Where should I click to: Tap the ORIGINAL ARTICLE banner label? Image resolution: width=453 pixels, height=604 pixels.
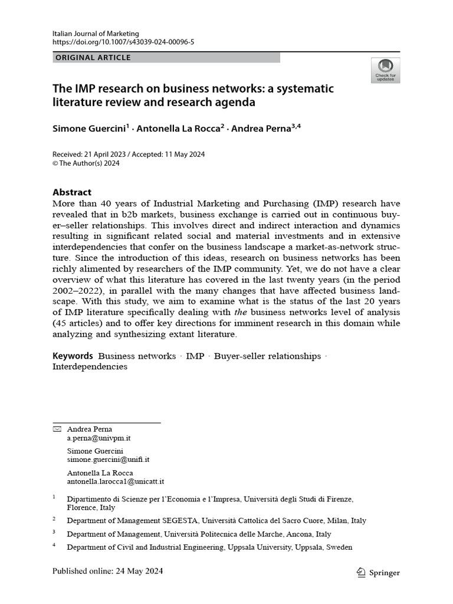[x=93, y=58]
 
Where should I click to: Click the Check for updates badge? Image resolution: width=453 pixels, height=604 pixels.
[x=385, y=70]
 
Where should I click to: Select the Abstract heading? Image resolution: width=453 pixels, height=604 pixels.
[x=72, y=192]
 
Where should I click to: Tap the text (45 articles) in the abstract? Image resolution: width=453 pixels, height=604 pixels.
[x=80, y=323]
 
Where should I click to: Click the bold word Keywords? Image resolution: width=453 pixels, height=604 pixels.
[x=73, y=356]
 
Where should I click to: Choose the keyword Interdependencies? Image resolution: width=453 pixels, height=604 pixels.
[x=90, y=366]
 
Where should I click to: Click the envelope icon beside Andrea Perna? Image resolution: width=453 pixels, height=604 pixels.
[x=57, y=429]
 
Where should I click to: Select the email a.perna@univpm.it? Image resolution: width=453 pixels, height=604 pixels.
[x=99, y=438]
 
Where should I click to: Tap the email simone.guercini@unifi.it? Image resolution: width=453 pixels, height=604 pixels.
[x=108, y=460]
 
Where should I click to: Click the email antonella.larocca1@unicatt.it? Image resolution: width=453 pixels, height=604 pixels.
[x=115, y=481]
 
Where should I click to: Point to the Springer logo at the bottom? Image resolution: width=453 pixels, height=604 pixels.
[x=379, y=572]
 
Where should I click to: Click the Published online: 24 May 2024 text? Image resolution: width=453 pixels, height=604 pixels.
[x=107, y=571]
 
